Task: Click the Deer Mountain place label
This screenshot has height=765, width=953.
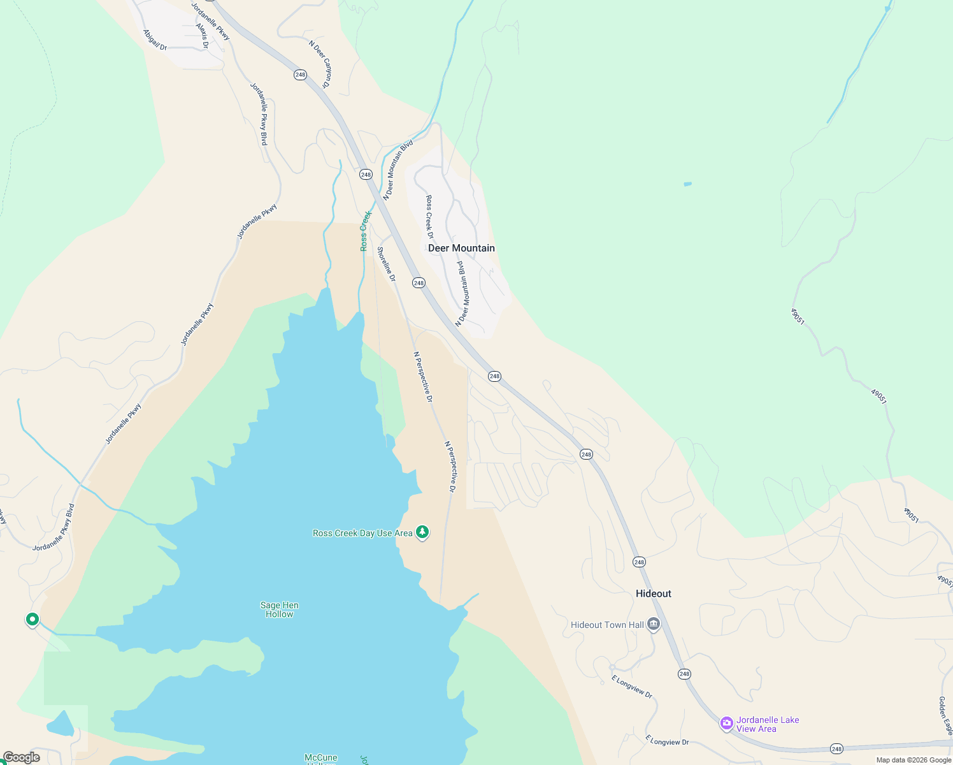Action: click(461, 248)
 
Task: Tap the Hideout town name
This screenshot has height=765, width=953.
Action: click(653, 594)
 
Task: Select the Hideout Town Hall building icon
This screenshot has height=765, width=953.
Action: click(654, 624)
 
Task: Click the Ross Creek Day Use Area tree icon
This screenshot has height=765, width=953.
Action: click(422, 532)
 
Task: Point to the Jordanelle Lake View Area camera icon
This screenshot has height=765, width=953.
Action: click(726, 723)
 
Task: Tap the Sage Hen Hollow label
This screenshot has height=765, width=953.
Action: click(279, 609)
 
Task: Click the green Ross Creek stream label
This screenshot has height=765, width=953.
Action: click(365, 231)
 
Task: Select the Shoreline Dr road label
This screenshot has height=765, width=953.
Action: click(386, 264)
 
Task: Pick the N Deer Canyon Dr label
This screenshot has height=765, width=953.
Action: click(320, 64)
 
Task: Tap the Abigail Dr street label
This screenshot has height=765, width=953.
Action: click(155, 40)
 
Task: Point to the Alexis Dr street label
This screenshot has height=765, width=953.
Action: click(202, 36)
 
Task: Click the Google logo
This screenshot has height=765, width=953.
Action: click(21, 757)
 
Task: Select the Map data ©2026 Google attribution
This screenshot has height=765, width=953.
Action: click(913, 760)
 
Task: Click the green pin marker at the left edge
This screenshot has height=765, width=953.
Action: click(32, 619)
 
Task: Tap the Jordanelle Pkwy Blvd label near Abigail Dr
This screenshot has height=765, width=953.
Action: click(259, 113)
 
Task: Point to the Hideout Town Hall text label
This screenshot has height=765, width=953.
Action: click(607, 625)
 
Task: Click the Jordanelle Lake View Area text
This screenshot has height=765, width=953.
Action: click(768, 724)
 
